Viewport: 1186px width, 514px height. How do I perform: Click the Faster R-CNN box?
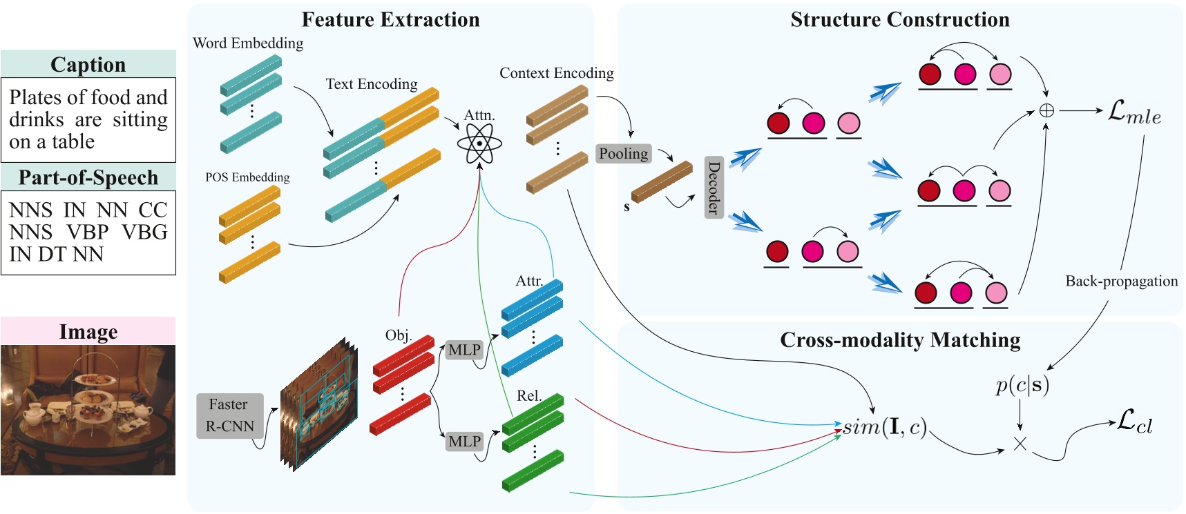pos(231,415)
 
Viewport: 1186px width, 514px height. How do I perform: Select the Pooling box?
pos(623,154)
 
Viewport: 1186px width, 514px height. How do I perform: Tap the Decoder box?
pos(714,187)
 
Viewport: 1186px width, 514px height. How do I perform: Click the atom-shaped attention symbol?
pos(479,144)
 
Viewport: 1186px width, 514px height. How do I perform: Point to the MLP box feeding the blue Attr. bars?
pos(464,350)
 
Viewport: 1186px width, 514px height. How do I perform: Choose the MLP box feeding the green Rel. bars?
pos(464,441)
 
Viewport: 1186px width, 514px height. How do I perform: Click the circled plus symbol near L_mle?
pos(1046,110)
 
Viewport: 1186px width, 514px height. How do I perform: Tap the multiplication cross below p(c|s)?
pos(1020,444)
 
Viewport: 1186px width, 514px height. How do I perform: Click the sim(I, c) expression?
pos(885,426)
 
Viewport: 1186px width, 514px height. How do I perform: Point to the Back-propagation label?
pos(1121,281)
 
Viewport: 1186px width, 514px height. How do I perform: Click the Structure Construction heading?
pos(899,19)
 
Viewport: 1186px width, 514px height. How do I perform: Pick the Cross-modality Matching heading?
pos(899,339)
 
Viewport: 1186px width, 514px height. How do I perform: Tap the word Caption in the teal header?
pos(88,64)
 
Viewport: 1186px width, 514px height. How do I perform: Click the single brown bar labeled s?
pos(661,181)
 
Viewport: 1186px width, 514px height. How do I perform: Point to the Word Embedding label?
pos(248,43)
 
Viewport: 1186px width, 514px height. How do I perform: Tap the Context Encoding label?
pos(556,72)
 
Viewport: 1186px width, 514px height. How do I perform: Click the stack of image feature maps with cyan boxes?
pos(319,404)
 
